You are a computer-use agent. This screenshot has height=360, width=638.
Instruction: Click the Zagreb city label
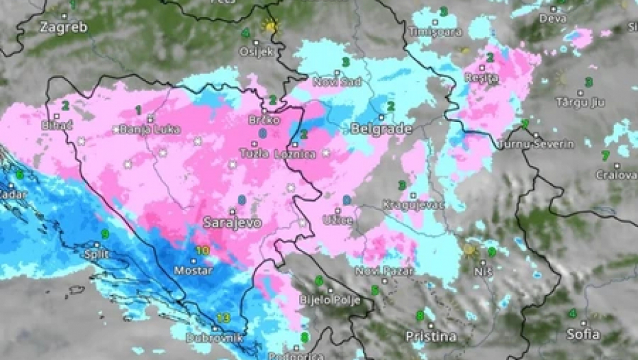63,27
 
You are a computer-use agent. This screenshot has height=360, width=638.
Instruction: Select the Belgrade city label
381,129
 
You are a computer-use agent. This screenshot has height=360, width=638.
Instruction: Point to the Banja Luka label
145,129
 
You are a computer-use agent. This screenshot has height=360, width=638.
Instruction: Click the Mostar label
193,270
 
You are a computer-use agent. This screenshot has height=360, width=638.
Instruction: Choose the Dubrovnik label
215,337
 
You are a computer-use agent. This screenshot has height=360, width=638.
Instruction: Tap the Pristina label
432,336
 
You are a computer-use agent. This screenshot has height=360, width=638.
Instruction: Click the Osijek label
256,51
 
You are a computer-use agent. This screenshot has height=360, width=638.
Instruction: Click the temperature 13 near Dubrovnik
223,317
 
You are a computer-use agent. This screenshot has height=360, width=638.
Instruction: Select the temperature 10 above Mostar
202,251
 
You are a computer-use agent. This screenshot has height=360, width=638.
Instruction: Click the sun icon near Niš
470,250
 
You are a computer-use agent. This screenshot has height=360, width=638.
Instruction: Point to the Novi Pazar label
384,272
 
